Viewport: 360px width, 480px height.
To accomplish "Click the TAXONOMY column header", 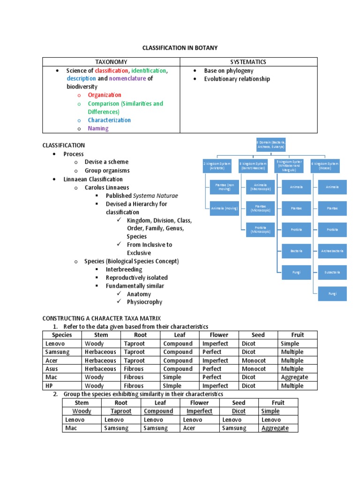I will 111,62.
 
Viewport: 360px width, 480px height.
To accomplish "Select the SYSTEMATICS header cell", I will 248,62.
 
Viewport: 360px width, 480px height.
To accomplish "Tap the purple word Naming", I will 98,128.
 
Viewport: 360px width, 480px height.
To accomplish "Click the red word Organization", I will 105,95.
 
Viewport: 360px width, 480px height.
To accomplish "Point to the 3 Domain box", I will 270,144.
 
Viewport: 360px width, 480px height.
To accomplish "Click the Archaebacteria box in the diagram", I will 332,251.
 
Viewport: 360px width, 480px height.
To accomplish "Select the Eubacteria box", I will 332,272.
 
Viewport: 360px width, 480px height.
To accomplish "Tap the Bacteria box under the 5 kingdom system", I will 296,251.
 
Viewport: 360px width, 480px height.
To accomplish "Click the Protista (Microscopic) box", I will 260,230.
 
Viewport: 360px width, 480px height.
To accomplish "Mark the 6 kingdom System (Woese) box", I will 325,165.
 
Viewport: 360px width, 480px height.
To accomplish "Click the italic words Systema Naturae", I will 156,195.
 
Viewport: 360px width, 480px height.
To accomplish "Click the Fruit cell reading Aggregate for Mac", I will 294,377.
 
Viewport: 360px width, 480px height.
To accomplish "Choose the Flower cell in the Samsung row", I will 212,352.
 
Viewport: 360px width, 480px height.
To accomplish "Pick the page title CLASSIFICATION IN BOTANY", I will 180,48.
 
